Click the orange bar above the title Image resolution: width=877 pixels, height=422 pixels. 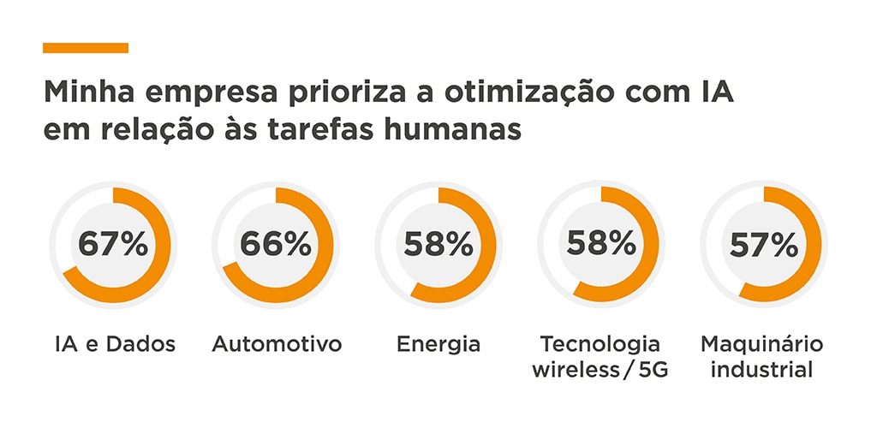pos(86,48)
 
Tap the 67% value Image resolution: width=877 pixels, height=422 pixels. pos(113,244)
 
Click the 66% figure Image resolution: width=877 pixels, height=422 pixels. pos(276,244)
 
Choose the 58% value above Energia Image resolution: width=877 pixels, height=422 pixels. pos(438,244)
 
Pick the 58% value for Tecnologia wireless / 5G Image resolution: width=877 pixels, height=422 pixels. pos(601,244)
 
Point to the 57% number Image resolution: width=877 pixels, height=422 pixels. pos(764,245)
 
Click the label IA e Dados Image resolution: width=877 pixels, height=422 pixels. pos(112,345)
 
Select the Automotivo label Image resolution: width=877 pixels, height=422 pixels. pos(277,345)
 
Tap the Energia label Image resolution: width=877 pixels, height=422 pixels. pos(438,346)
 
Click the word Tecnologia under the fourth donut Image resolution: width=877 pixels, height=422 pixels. pos(600,345)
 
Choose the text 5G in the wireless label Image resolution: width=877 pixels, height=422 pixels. pos(656,371)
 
